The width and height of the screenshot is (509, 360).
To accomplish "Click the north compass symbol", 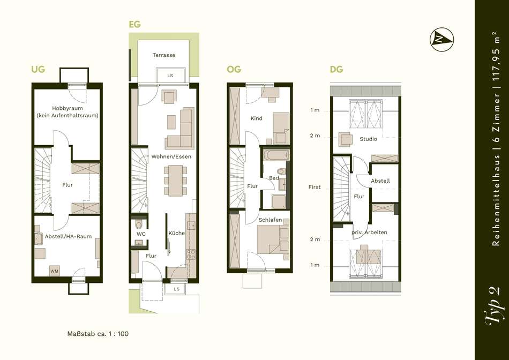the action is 441,40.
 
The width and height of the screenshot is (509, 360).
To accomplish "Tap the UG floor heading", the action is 38,69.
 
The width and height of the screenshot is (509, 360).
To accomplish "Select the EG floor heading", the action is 134,24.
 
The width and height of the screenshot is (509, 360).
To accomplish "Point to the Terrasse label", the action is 164,55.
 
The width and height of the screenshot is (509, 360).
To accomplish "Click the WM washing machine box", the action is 55,271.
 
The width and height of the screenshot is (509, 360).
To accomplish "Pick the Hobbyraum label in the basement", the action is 68,108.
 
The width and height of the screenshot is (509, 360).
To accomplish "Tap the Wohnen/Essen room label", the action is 171,156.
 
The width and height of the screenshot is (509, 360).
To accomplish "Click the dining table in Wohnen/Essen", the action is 176,180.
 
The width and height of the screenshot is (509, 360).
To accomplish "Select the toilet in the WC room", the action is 139,224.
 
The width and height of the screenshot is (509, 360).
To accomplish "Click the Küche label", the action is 177,233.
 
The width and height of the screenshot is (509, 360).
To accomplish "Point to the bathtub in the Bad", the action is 276,155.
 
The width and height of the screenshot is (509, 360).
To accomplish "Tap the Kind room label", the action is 257,118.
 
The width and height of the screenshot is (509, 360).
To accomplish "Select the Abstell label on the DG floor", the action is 380,181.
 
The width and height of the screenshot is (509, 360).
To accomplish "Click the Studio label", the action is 369,139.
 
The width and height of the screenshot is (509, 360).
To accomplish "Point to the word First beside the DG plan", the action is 314,187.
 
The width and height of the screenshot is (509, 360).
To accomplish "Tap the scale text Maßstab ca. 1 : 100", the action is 98,334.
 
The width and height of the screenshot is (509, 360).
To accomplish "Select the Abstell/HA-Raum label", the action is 68,236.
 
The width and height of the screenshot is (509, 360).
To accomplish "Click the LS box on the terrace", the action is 171,76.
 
